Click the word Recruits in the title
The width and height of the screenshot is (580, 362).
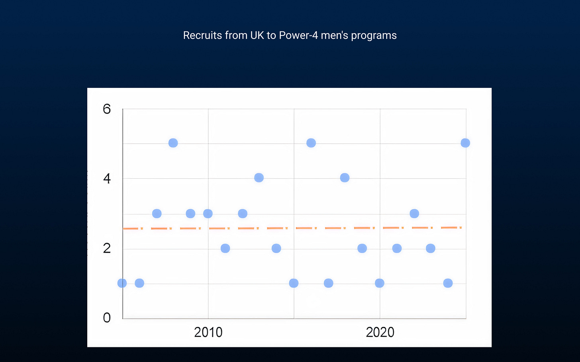pyautogui.click(x=202, y=35)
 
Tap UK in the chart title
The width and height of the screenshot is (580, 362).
pyautogui.click(x=257, y=35)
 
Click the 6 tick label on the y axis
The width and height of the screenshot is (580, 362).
pyautogui.click(x=107, y=109)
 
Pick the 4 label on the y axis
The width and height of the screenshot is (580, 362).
pyautogui.click(x=107, y=179)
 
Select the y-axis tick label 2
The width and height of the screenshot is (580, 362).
pyautogui.click(x=107, y=248)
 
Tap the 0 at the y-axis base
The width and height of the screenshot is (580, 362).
pyautogui.click(x=107, y=317)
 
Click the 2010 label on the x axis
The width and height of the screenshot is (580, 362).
pyautogui.click(x=208, y=332)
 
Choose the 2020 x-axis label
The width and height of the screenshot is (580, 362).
pyautogui.click(x=380, y=332)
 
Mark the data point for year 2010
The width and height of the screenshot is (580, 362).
pyautogui.click(x=208, y=214)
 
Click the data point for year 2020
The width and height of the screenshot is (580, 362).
pyautogui.click(x=380, y=283)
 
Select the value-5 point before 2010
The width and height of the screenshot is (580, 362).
pyautogui.click(x=173, y=143)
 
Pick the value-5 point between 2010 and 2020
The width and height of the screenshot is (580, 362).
pyautogui.click(x=311, y=143)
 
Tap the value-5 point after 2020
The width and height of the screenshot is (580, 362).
pyautogui.click(x=465, y=143)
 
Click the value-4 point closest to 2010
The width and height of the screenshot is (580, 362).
pyautogui.click(x=259, y=178)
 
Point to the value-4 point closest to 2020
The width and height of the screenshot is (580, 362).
pyautogui.click(x=345, y=178)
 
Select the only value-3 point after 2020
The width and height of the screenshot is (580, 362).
pyautogui.click(x=414, y=214)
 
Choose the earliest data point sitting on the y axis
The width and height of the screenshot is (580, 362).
pyautogui.click(x=122, y=283)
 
